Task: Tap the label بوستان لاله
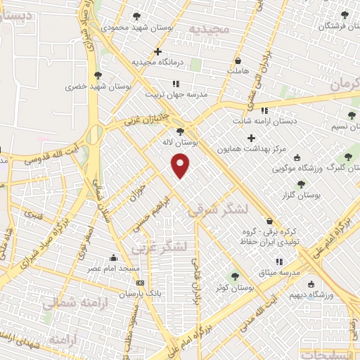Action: click(x=181, y=142)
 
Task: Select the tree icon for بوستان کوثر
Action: click(x=235, y=276)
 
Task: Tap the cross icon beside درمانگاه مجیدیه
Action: click(x=158, y=51)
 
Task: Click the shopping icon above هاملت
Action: click(x=238, y=60)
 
